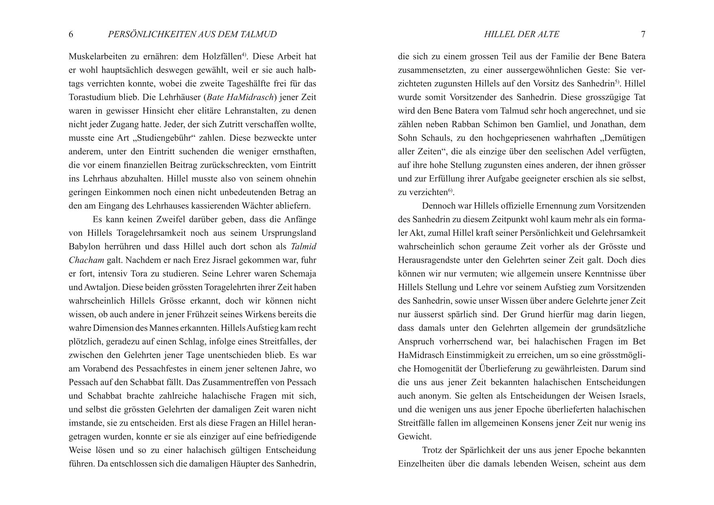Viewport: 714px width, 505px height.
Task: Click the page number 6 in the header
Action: (71, 34)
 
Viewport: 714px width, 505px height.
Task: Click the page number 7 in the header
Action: (643, 34)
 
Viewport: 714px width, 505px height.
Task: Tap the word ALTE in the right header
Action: (548, 34)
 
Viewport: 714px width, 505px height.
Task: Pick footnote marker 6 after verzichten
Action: (451, 190)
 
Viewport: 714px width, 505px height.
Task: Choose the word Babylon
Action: (84, 246)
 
